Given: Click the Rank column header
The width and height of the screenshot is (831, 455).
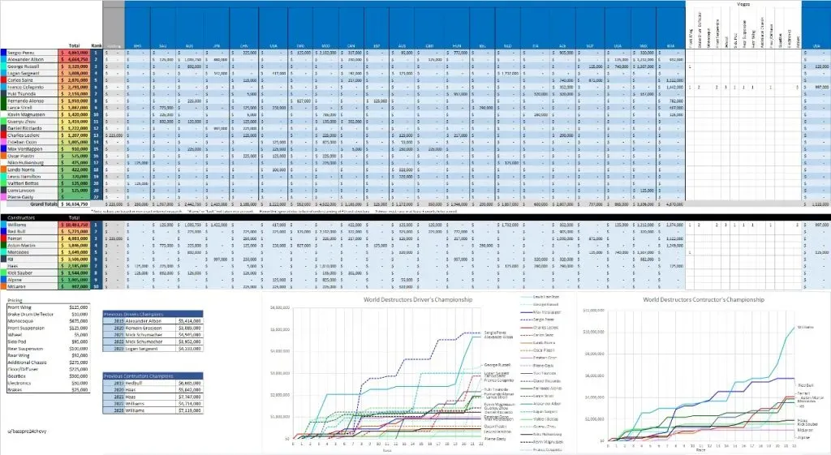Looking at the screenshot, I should (x=96, y=45).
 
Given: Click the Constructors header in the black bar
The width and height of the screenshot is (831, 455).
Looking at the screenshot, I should (x=23, y=217).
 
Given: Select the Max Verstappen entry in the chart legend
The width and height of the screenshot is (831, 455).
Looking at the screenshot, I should (x=548, y=311).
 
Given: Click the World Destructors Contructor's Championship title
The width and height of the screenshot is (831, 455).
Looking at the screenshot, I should (x=704, y=299).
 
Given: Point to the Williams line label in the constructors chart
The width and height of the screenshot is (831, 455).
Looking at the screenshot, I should (x=806, y=327).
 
